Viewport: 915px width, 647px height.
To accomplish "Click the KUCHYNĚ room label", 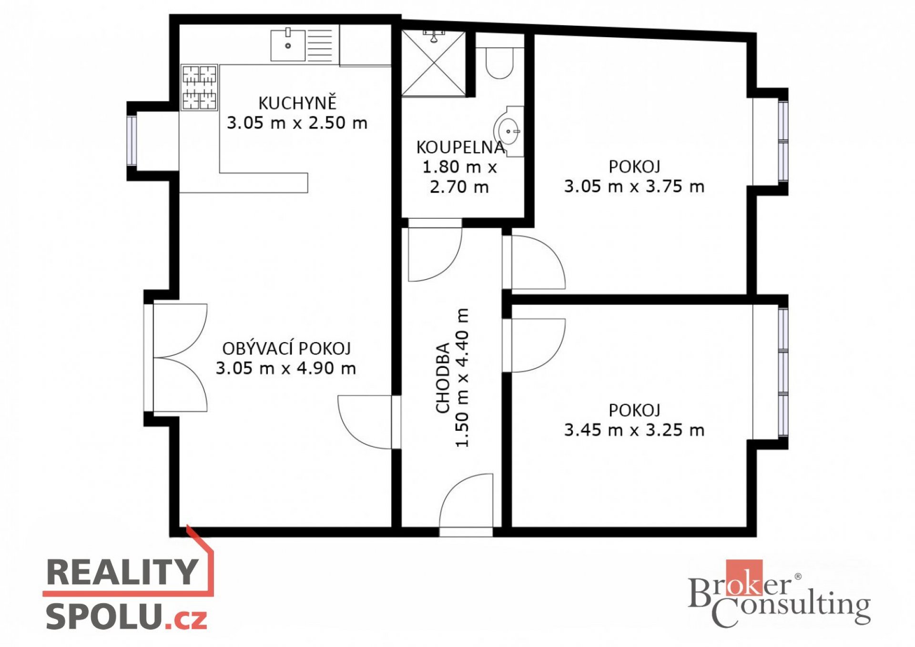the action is point(297,103).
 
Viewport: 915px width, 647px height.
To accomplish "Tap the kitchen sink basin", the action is point(288,45).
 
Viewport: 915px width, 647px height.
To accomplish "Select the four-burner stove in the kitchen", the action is point(199,88).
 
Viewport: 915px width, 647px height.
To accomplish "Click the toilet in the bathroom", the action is point(499,62).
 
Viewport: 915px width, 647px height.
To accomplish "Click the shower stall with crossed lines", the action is point(434,63).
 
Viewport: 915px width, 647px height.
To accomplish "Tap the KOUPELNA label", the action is point(460,147).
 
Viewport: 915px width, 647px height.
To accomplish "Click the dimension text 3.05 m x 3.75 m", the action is point(634,186).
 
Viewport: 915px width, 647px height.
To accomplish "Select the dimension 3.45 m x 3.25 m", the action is point(634,430).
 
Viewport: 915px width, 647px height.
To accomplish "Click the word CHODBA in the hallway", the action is point(443,377).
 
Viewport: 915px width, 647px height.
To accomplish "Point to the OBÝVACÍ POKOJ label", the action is point(286,349).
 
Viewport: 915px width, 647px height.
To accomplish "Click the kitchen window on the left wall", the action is point(132,141).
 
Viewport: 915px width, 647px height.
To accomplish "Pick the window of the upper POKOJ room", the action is point(783,142).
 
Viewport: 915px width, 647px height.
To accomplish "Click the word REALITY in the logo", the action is point(122,572).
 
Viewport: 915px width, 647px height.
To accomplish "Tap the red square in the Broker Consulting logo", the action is point(744,578).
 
